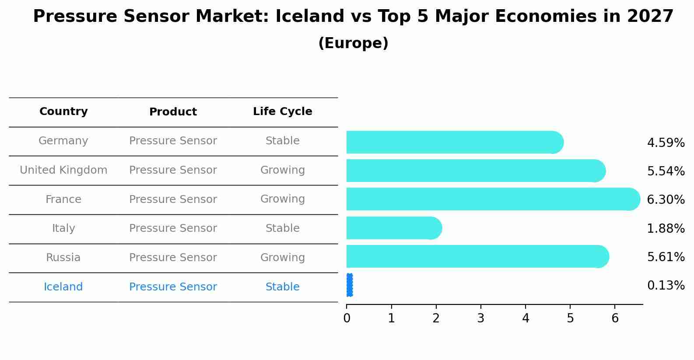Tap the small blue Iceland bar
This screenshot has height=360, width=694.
(349, 285)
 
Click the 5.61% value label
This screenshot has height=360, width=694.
(666, 257)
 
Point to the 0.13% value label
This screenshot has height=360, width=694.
(666, 286)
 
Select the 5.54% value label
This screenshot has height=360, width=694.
(666, 171)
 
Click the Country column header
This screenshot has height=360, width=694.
(63, 112)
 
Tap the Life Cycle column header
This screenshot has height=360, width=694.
(282, 112)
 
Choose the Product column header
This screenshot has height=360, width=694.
(173, 112)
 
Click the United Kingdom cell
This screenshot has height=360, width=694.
(63, 170)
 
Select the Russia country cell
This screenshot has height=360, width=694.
(63, 258)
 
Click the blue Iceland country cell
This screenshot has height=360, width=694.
(63, 287)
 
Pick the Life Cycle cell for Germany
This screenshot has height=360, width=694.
(282, 141)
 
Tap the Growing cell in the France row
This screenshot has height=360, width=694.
(282, 199)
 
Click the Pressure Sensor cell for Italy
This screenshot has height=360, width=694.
(173, 228)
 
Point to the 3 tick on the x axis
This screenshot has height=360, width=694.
(480, 318)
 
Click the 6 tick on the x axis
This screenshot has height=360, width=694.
(615, 318)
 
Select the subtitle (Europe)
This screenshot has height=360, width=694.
(353, 43)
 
